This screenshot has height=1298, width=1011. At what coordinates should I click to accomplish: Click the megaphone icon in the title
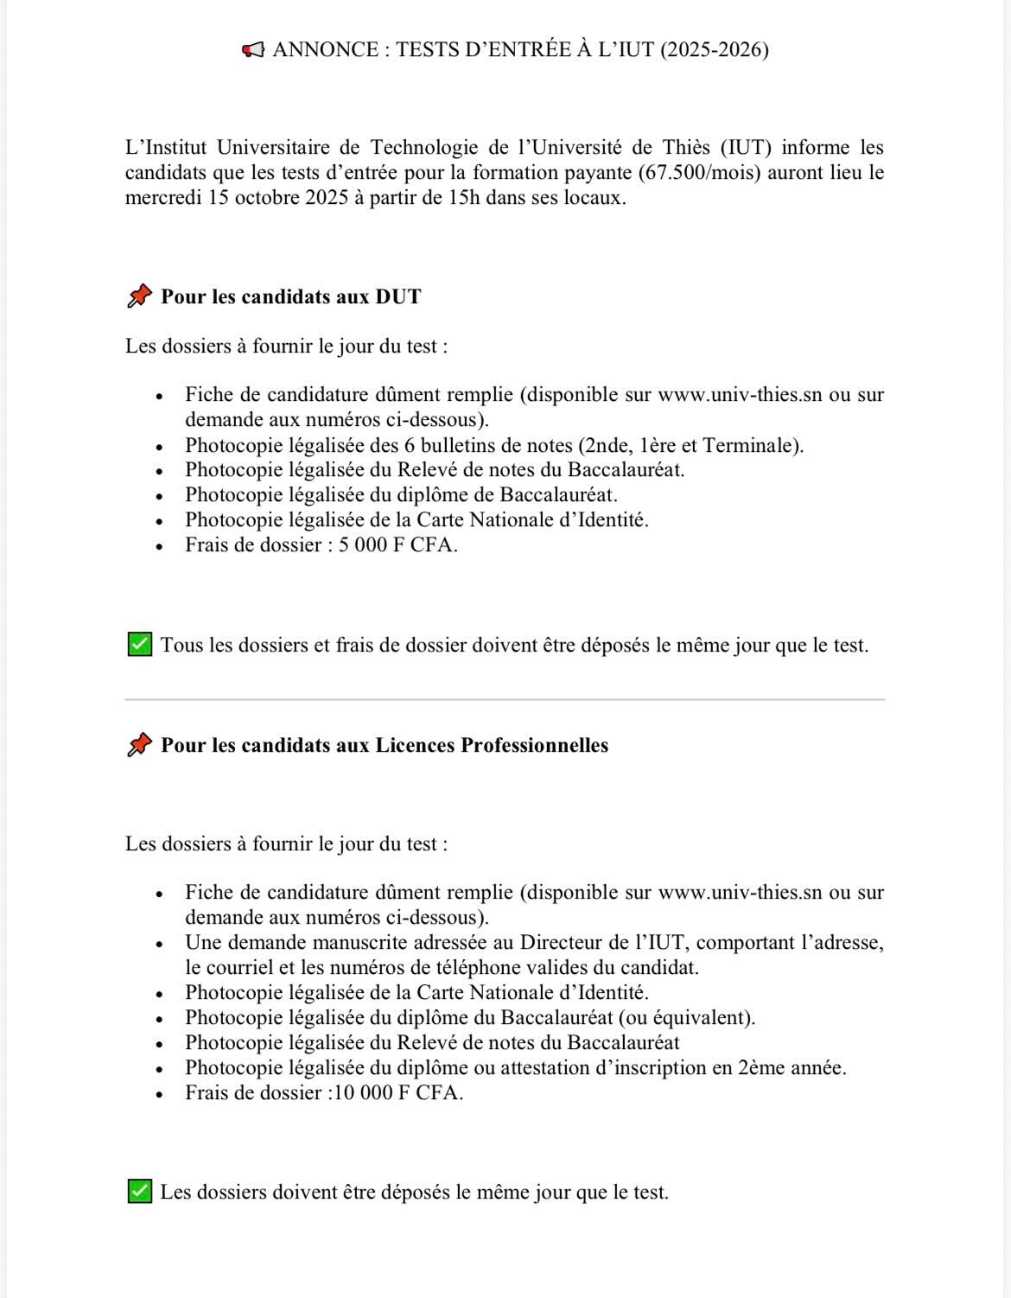[253, 50]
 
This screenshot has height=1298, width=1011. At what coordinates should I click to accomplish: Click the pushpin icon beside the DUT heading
[139, 296]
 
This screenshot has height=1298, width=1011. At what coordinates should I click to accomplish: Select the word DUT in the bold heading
[398, 296]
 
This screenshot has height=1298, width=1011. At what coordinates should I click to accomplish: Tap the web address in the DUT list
[740, 395]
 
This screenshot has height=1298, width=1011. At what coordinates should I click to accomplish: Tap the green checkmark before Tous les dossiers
[139, 645]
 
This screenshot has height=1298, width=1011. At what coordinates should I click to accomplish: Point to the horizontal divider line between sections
[505, 699]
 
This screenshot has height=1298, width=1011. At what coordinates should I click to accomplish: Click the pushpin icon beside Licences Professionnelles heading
[139, 745]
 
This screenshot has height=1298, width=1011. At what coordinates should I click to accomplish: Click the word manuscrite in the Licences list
[362, 943]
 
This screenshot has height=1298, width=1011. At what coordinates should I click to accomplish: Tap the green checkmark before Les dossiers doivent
[139, 1192]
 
